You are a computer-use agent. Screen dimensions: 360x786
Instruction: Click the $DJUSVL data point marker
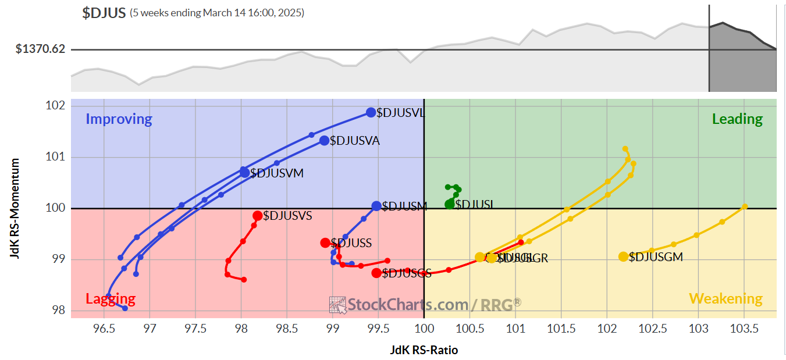click(x=371, y=112)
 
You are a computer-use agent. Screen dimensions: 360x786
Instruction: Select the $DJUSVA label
click(x=354, y=141)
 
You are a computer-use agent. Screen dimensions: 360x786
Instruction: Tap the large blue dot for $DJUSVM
click(x=245, y=172)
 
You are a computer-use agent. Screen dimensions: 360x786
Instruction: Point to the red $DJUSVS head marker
click(x=257, y=216)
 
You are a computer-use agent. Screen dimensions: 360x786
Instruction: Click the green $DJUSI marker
click(x=450, y=204)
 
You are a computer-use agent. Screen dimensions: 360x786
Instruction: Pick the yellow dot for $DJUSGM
click(x=623, y=256)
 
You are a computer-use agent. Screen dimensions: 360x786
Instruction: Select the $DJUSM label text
click(x=404, y=206)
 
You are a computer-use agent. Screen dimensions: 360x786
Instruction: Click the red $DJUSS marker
click(x=325, y=243)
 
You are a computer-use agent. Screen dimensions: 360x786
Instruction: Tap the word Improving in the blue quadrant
click(x=119, y=119)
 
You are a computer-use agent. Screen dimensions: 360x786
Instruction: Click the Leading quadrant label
click(x=737, y=119)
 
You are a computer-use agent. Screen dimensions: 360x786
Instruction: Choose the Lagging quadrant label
click(x=111, y=299)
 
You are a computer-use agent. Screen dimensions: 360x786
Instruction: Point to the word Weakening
click(x=725, y=299)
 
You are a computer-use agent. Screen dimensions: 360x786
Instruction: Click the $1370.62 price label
click(x=41, y=49)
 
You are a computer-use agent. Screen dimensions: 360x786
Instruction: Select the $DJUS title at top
click(x=104, y=13)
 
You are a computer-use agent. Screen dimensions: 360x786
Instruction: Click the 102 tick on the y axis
click(x=55, y=106)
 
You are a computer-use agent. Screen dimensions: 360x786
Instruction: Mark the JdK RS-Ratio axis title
click(x=424, y=350)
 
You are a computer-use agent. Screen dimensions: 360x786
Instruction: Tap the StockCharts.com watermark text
click(x=407, y=304)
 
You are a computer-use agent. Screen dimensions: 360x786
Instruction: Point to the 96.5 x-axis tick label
click(x=104, y=329)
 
